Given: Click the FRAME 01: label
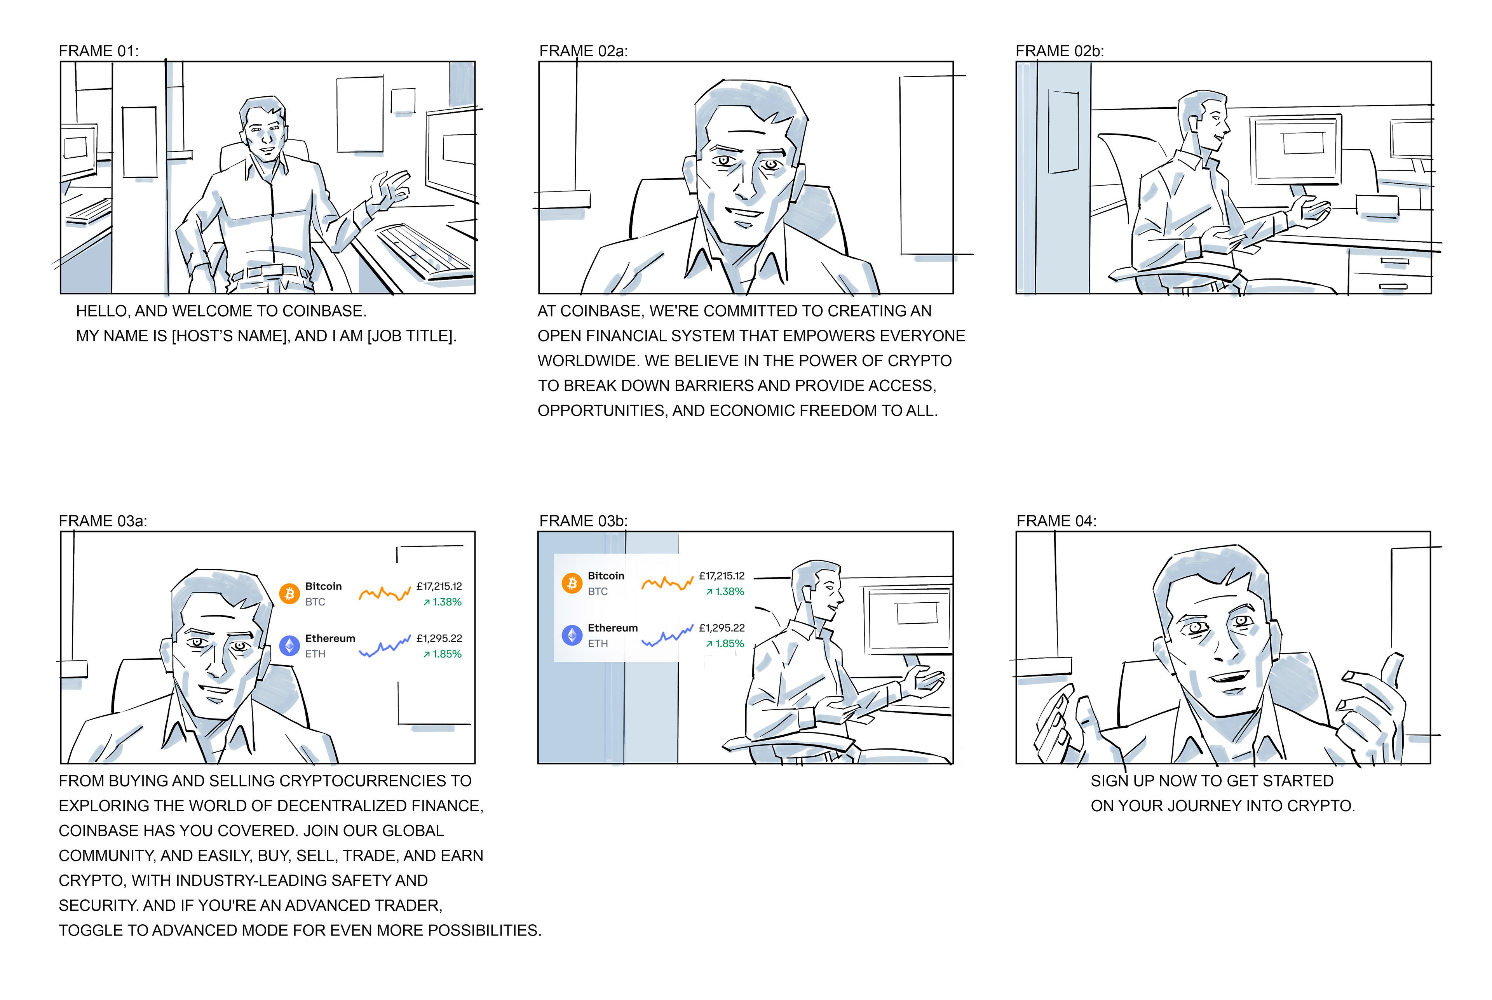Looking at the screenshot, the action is click(98, 51).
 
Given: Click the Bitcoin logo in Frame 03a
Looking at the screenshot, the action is click(289, 594).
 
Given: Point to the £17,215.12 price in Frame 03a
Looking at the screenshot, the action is click(439, 586).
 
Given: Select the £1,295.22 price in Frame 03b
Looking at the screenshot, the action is click(722, 628).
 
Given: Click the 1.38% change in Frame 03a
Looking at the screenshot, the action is click(443, 602).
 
